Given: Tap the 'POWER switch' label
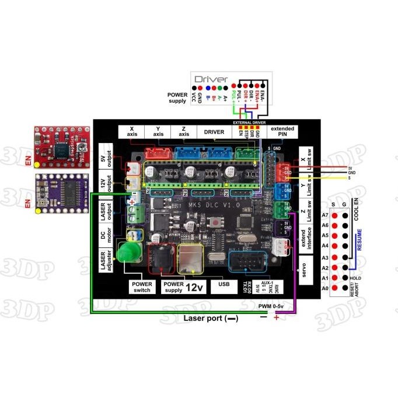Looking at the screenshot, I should pyautogui.click(x=142, y=286).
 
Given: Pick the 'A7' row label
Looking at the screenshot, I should pyautogui.click(x=325, y=215).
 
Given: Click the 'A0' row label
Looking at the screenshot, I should pyautogui.click(x=325, y=288).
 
